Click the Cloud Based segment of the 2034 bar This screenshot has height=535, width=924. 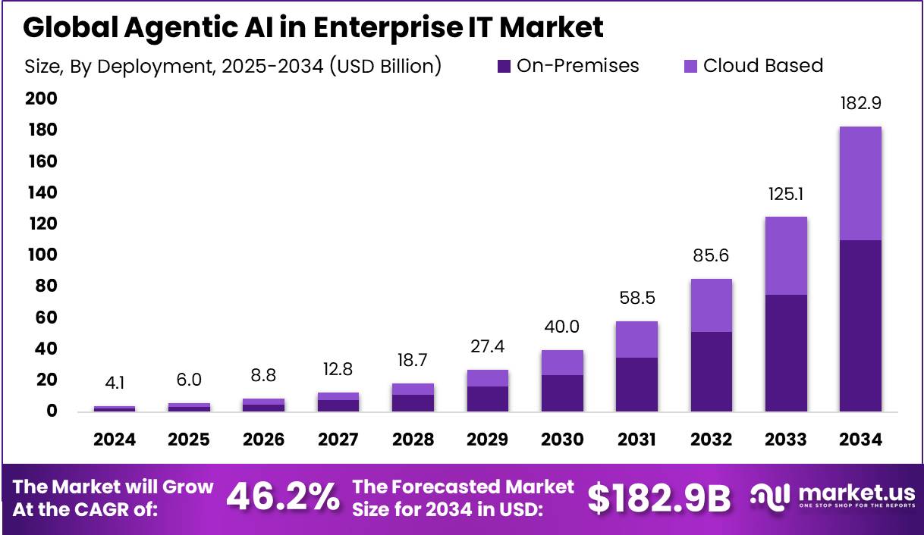[860, 183]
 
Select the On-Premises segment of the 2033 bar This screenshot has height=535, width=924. [785, 352]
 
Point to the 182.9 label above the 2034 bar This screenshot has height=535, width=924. [860, 104]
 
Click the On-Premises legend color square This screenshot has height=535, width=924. [504, 67]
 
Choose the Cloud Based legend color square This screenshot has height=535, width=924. [691, 67]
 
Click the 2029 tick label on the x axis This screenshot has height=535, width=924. [487, 440]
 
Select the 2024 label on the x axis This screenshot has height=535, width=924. [115, 440]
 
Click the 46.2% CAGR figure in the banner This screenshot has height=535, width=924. [283, 498]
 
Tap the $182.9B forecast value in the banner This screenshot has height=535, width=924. [659, 498]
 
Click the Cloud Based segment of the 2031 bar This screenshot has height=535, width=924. [636, 339]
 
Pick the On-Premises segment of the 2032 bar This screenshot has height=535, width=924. [711, 371]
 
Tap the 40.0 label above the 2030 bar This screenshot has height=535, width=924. [562, 327]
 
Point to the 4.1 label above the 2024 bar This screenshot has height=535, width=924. [115, 383]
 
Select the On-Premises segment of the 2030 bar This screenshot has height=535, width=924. [562, 393]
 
